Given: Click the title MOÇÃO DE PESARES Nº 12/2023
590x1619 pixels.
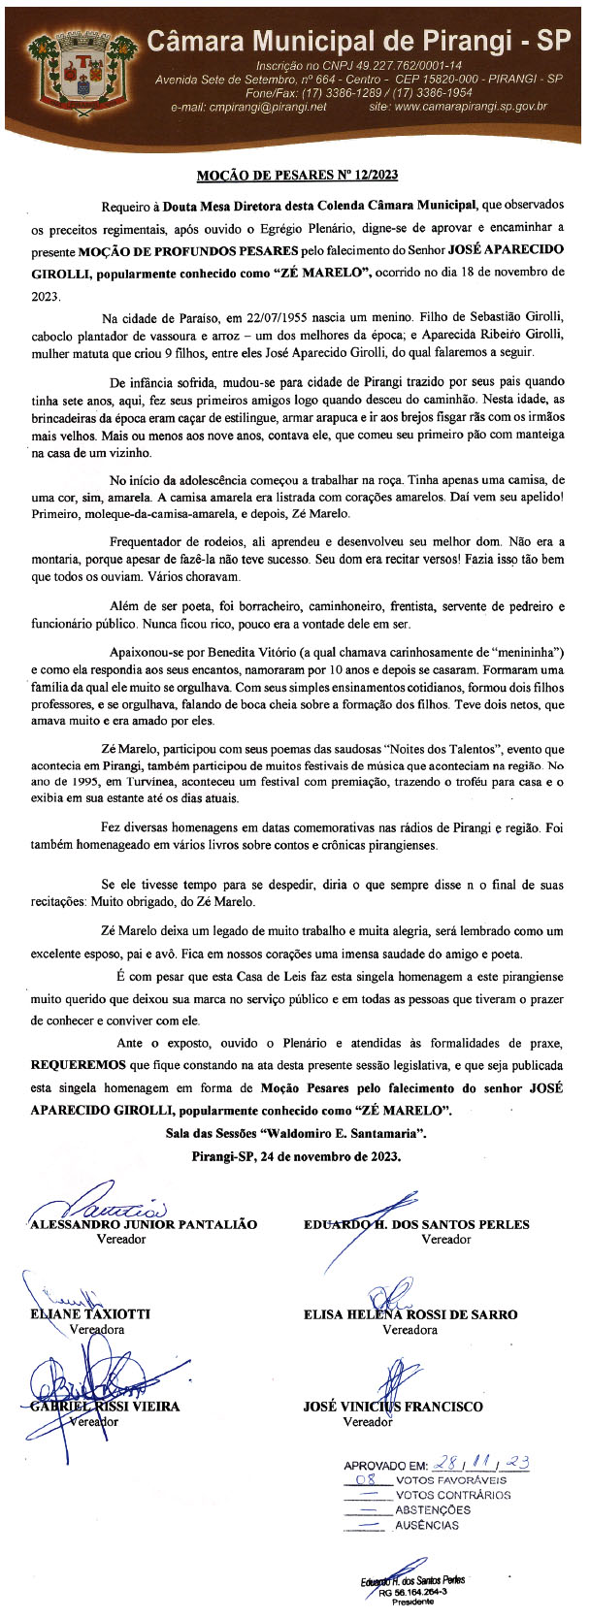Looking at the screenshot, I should [x=297, y=176].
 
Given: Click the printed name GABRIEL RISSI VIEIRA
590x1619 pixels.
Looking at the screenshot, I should [x=105, y=1406].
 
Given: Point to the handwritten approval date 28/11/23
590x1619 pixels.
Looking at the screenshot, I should [x=480, y=1465].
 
